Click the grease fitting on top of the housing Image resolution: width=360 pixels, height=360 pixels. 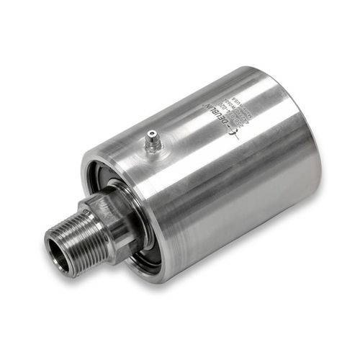[x=153, y=141]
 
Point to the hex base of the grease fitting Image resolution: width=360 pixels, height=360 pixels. [x=153, y=146]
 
